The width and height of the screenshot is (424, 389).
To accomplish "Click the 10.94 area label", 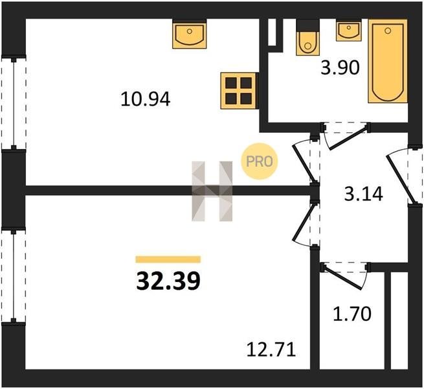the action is [x=146, y=99].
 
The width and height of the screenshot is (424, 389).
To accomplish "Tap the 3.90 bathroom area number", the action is [x=340, y=67].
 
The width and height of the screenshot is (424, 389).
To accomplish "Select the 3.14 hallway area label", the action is [x=363, y=194].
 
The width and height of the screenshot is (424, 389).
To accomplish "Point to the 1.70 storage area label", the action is [x=351, y=314].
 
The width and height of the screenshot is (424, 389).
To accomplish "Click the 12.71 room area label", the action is [x=271, y=349].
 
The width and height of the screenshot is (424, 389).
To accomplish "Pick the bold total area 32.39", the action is [x=168, y=281].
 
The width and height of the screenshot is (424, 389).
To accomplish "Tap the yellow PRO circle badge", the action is [x=260, y=161].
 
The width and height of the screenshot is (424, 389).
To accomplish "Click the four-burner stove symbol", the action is [x=238, y=91].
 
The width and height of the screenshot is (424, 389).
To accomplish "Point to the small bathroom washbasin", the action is [x=348, y=31].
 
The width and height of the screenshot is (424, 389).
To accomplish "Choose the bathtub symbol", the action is [x=388, y=61].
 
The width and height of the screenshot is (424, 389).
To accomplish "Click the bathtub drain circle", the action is [x=388, y=31].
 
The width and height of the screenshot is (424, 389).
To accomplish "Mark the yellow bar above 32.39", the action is [x=168, y=259].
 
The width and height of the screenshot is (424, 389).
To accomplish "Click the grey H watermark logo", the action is [x=212, y=191].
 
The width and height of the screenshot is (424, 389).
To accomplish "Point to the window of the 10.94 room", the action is [x=14, y=104].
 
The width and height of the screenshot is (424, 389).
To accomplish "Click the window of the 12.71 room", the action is [x=14, y=276].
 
